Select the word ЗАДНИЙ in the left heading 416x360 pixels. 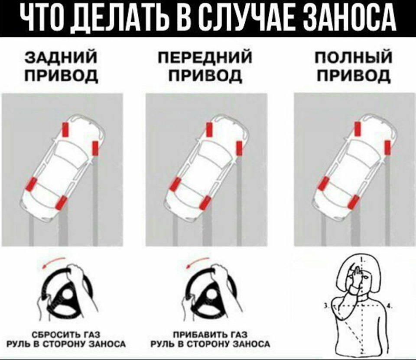point(61,57)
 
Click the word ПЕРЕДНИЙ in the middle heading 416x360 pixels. point(205,57)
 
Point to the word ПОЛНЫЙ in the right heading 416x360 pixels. point(354,57)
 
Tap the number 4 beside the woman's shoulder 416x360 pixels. point(388,306)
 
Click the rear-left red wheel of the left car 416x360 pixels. point(31,184)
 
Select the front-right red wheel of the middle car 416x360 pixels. point(239,148)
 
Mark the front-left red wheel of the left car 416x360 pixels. point(65,130)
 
